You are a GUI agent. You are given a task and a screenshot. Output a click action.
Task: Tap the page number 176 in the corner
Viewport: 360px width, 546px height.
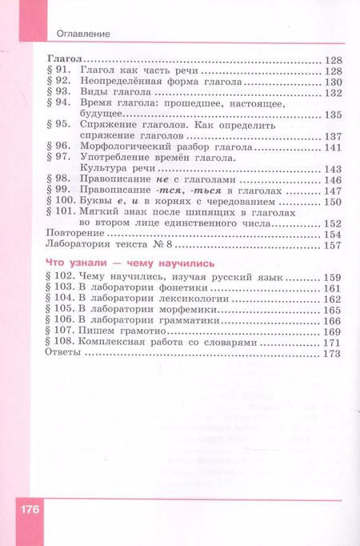[x=27, y=510]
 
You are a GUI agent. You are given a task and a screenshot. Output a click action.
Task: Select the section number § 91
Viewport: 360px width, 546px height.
[x=61, y=71]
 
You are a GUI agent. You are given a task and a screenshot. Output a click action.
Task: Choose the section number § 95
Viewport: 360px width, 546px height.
[x=61, y=126]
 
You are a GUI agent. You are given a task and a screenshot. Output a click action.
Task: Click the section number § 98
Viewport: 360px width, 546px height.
[x=61, y=180]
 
